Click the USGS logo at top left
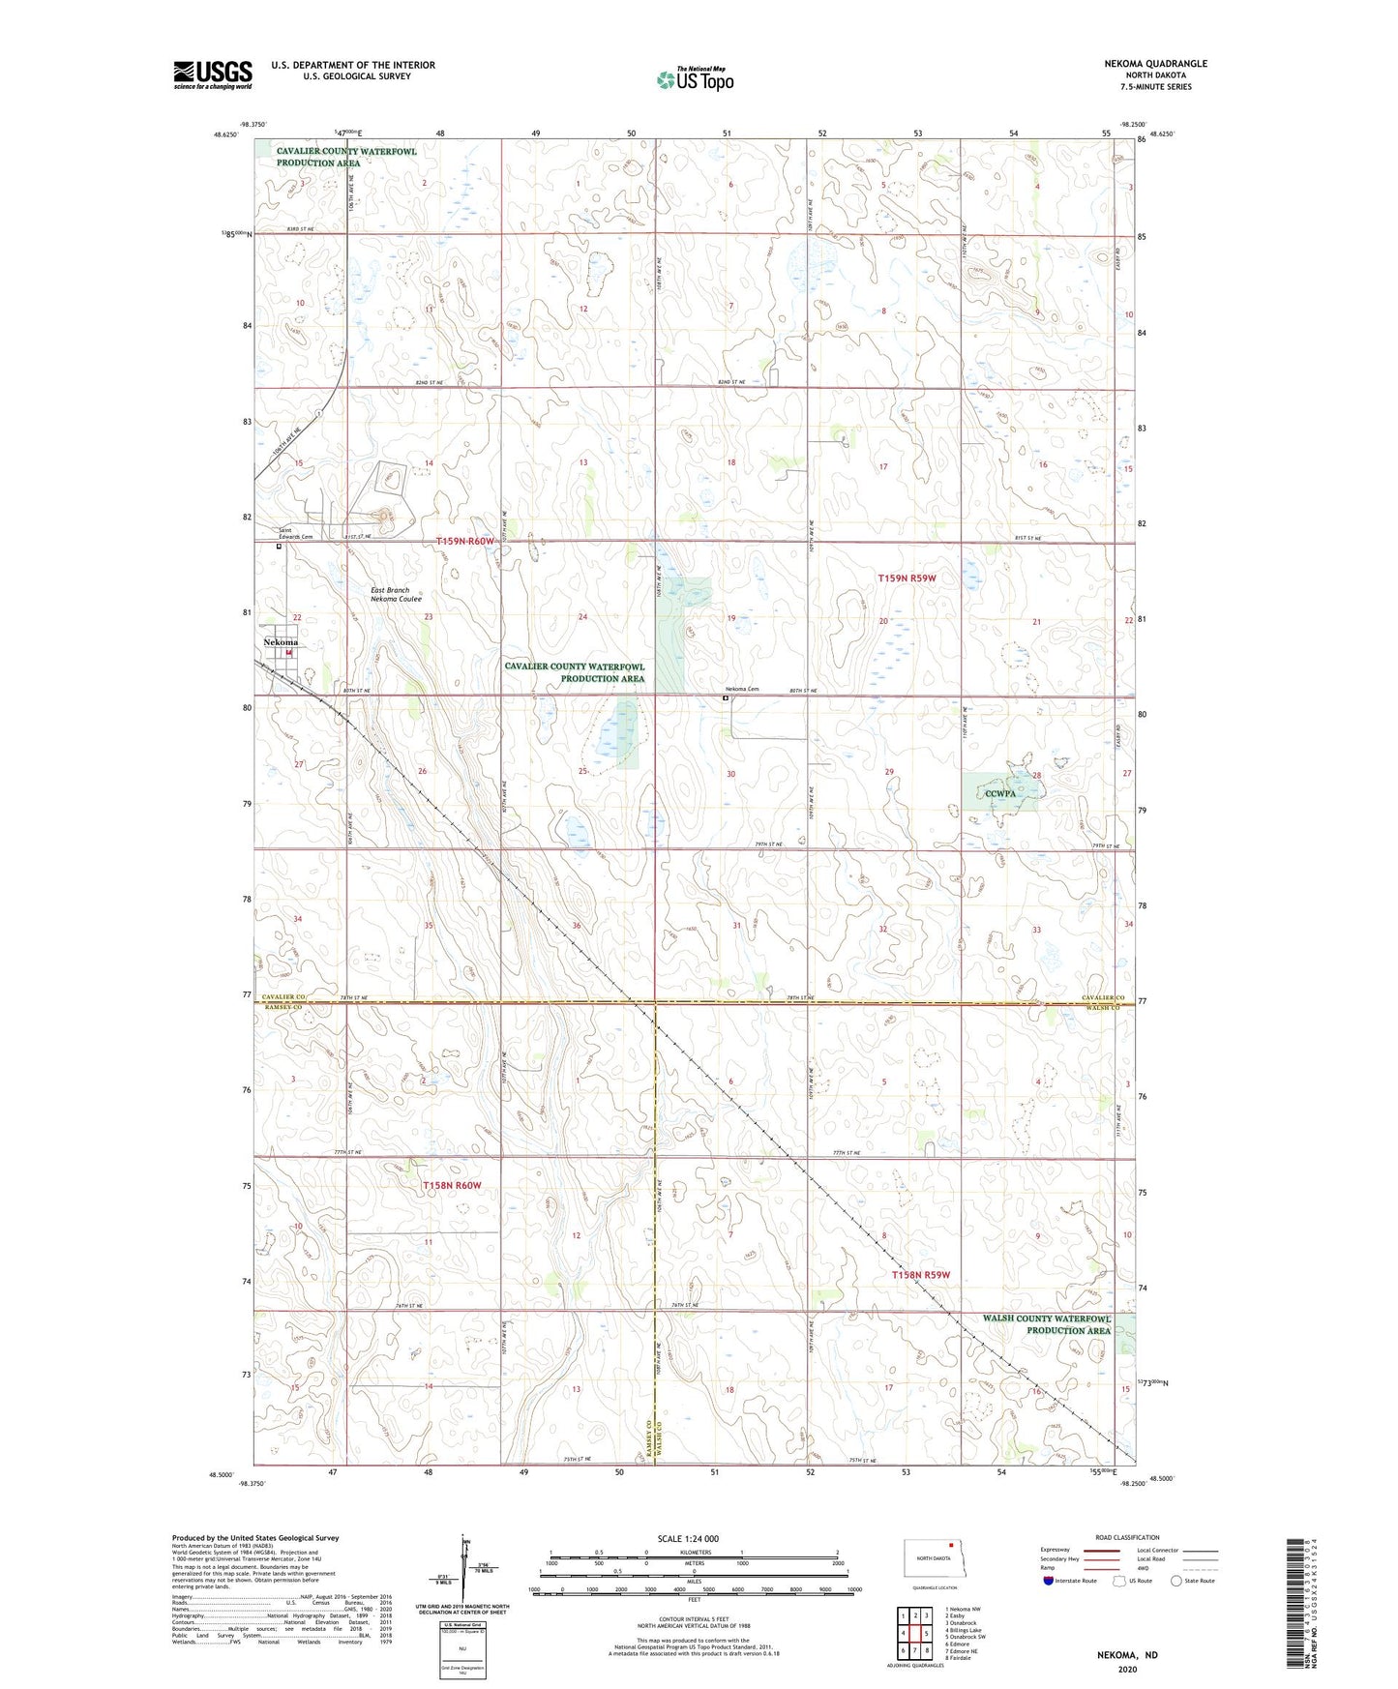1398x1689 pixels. tap(213, 74)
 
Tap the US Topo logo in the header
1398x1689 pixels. tap(695, 79)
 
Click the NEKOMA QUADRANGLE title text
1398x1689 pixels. tap(1155, 64)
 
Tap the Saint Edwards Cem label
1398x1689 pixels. tap(296, 534)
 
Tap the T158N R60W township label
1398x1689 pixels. tap(452, 1185)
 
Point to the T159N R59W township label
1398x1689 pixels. tap(907, 578)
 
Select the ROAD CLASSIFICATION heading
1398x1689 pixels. tap(1126, 1537)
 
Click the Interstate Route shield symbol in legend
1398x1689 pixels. tap(1049, 1582)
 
